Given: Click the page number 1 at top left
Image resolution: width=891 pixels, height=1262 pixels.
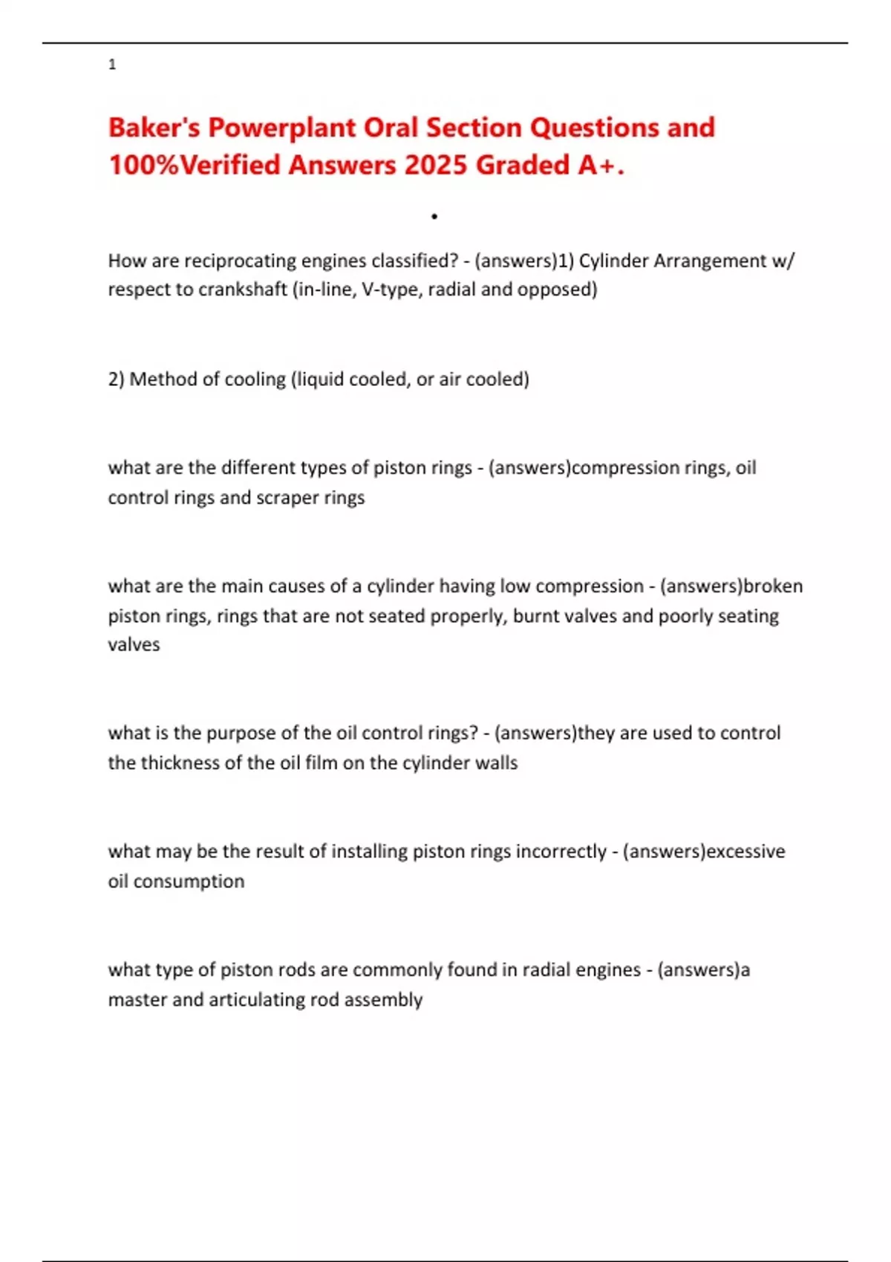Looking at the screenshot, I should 112,65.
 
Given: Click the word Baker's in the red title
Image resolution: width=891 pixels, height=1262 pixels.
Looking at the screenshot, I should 154,128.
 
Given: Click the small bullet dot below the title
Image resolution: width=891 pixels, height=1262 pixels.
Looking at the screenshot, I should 434,217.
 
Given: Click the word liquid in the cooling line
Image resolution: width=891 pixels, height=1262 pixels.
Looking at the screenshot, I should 320,379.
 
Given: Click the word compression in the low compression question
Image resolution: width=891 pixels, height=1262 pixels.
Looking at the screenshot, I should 590,586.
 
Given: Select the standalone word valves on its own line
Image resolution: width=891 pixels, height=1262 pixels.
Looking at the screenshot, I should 134,644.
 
